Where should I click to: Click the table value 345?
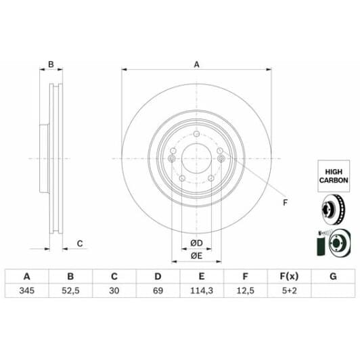click(x=27, y=291)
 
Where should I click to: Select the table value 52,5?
click(x=70, y=291)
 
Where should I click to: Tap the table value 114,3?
click(x=202, y=291)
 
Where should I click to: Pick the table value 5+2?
click(x=289, y=291)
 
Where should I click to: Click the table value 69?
click(x=158, y=291)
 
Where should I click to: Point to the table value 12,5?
click(x=246, y=291)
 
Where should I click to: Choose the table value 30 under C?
click(x=114, y=291)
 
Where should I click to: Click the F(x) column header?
click(x=289, y=276)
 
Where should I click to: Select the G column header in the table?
click(x=333, y=276)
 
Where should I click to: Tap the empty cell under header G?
click(x=333, y=291)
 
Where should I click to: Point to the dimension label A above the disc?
click(x=196, y=65)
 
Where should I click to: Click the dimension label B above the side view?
click(x=50, y=65)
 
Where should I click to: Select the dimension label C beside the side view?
click(x=79, y=243)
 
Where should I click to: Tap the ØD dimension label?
click(x=196, y=243)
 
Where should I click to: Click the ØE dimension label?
click(x=196, y=255)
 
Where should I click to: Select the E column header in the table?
click(x=202, y=276)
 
